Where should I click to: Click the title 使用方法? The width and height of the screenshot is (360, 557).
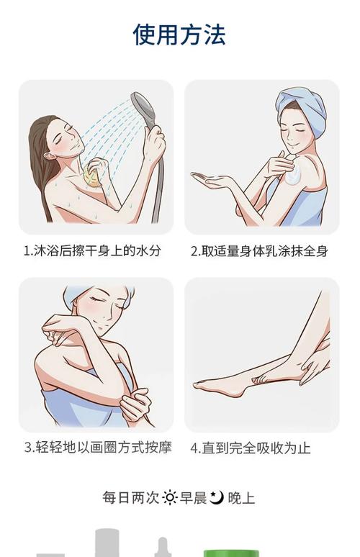(179, 35)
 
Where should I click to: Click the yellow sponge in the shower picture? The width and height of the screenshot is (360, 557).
(91, 173)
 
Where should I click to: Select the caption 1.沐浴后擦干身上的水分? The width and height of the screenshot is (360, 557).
(92, 251)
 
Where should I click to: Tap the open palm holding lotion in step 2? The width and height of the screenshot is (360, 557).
(214, 180)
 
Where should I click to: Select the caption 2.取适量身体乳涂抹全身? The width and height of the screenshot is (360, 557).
(258, 251)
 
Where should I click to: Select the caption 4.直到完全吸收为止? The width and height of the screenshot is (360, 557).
(250, 448)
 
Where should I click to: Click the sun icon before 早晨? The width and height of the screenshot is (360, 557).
(170, 497)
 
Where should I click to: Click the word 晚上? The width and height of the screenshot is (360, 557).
(241, 497)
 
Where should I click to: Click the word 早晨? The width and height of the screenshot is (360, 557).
(193, 497)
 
